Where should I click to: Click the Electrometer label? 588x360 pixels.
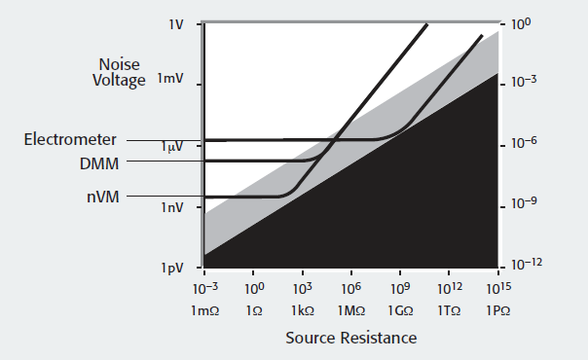pyautogui.click(x=70, y=140)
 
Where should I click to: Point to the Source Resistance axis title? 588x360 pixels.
pyautogui.click(x=350, y=338)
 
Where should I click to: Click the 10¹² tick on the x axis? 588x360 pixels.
pyautogui.click(x=449, y=288)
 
